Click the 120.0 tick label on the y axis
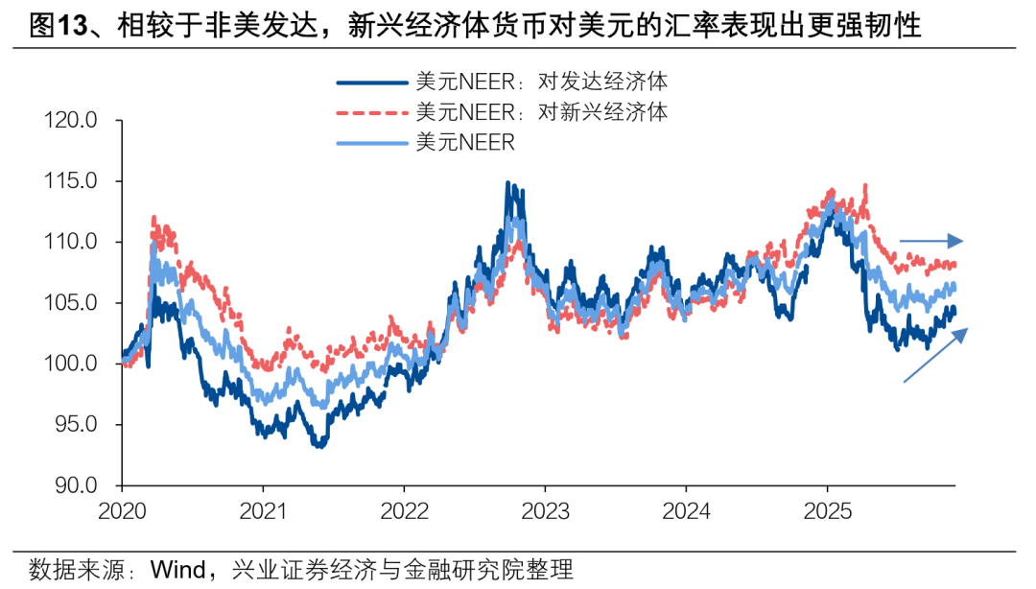(71, 121)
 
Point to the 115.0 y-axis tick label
(71, 181)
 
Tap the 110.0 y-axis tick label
(71, 242)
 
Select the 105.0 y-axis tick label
(71, 303)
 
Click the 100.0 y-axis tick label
(71, 364)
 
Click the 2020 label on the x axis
(123, 509)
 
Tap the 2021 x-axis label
(264, 509)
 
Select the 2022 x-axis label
(405, 509)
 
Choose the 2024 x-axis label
(687, 509)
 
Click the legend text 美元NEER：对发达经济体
(543, 82)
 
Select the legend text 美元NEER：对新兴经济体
(543, 111)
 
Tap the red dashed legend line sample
(373, 112)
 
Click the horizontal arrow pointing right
(930, 241)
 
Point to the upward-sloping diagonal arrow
(935, 356)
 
